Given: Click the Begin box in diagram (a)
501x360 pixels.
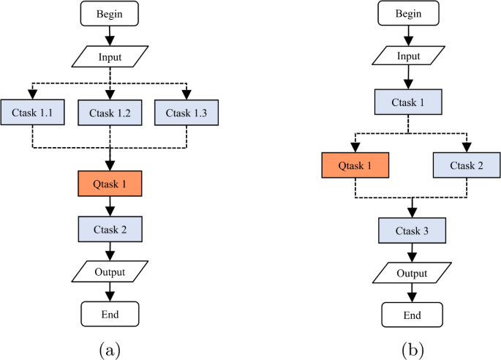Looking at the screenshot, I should point(109,13).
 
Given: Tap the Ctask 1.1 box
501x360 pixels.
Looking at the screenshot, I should point(31,113).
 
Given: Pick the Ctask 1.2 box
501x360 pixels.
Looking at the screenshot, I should point(109,113).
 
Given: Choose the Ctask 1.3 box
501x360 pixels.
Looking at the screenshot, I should point(187,113).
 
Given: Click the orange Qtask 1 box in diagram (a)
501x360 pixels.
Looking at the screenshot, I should point(109,184).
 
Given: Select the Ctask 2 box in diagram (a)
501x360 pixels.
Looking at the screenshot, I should point(109,229).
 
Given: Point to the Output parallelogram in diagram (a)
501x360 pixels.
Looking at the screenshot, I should point(109,272).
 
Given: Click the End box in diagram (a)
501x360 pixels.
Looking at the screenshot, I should point(109,315).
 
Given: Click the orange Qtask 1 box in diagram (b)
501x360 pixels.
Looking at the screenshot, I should point(354,166).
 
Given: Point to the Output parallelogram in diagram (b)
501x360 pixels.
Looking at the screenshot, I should point(413,274).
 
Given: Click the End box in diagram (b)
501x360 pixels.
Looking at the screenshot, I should point(413,315).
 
